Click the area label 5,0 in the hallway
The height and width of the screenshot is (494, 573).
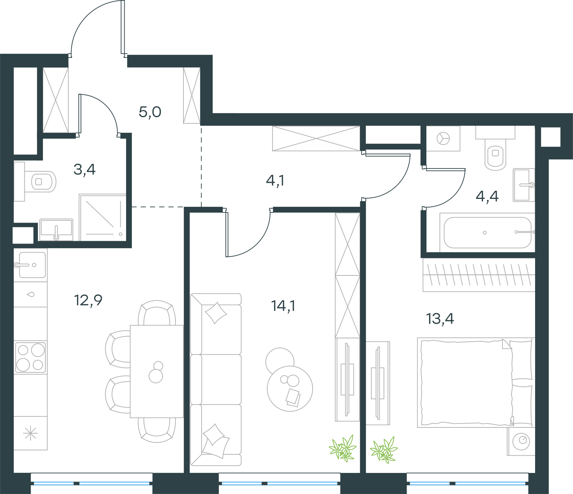click(x=150, y=112)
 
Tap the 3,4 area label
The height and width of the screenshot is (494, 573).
click(x=85, y=170)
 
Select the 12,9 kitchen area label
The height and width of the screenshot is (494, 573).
click(x=88, y=300)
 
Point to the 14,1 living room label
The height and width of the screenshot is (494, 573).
click(x=283, y=306)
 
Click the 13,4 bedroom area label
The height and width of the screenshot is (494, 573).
click(x=440, y=319)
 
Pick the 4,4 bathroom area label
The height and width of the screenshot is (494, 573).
click(x=487, y=196)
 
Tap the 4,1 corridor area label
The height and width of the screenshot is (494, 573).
click(x=275, y=181)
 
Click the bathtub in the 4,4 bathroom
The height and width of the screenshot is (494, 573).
click(x=487, y=233)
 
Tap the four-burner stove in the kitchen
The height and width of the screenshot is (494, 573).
click(x=30, y=357)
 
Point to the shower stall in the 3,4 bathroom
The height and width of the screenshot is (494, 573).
click(x=103, y=217)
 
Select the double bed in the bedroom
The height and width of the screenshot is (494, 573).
click(x=476, y=382)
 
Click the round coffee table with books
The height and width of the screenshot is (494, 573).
click(x=290, y=388)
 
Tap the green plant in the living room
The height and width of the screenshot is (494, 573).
click(x=343, y=448)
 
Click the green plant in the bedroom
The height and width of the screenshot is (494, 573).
click(x=384, y=450)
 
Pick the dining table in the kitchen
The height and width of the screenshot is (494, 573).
click(x=157, y=371)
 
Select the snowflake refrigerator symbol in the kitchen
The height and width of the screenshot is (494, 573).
click(x=30, y=434)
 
